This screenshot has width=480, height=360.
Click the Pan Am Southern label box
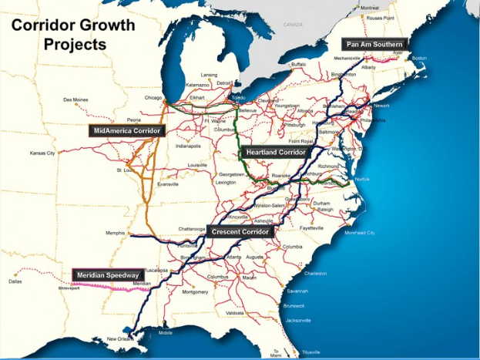click(x=374, y=45)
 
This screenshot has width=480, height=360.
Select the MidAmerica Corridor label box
click(x=127, y=131)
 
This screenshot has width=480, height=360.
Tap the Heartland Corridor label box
click(x=277, y=153)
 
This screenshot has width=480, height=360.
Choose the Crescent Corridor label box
click(x=241, y=231)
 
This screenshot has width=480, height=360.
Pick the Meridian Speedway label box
click(x=109, y=274)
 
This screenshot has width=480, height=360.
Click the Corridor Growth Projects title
click(x=73, y=35)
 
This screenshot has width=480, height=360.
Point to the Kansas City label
click(x=42, y=153)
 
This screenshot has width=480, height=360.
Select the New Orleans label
click(x=119, y=339)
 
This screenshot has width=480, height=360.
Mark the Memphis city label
click(x=115, y=232)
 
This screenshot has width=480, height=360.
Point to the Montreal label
click(x=369, y=7)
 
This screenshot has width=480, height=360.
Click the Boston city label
click(x=419, y=58)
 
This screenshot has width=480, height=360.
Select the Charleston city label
click(x=315, y=273)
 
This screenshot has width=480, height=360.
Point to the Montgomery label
click(x=195, y=292)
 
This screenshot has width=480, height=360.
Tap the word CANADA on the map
click(x=293, y=25)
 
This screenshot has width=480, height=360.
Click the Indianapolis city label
click(x=188, y=146)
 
